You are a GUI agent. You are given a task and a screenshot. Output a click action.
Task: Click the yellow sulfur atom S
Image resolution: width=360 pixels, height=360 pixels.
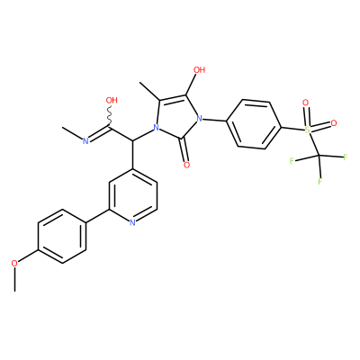click(308, 130)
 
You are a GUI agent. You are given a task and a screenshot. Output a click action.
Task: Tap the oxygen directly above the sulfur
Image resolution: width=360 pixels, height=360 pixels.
click(306, 103)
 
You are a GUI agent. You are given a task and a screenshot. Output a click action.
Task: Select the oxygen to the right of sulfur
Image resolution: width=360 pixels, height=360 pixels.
click(334, 123)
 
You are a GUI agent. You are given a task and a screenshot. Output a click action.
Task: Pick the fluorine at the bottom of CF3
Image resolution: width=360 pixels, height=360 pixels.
click(320, 181)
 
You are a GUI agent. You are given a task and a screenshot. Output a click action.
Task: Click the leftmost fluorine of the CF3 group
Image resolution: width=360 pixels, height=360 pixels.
click(292, 161)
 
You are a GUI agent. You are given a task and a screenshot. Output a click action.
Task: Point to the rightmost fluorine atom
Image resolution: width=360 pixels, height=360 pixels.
click(345, 157)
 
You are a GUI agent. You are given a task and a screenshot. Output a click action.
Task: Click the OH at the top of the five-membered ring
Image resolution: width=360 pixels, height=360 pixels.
click(200, 70)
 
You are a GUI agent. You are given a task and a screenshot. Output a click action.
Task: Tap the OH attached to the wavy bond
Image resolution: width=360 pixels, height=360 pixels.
click(112, 100)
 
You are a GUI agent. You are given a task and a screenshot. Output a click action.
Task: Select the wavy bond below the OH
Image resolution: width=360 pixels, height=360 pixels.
click(109, 115)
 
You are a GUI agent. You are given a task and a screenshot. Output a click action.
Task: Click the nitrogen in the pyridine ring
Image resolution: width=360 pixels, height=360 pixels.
click(132, 222)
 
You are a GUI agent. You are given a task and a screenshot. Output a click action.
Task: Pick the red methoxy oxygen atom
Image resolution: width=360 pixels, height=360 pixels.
click(14, 264)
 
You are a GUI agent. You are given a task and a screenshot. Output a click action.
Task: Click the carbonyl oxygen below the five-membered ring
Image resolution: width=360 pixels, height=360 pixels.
click(187, 165)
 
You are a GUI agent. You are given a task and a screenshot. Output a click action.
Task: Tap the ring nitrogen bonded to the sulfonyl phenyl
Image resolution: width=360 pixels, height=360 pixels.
click(199, 119)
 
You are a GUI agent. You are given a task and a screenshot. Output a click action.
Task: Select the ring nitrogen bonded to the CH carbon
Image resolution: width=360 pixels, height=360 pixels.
click(156, 129)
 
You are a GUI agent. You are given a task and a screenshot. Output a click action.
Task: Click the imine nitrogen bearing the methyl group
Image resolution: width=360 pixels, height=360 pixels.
click(85, 141)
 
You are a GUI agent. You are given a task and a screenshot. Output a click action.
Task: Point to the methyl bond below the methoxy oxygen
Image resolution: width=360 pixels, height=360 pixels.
click(14, 279)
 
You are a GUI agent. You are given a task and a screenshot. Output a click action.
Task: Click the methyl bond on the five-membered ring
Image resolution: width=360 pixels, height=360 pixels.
click(150, 92)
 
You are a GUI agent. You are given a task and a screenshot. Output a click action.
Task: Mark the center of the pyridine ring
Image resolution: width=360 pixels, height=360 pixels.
click(132, 194)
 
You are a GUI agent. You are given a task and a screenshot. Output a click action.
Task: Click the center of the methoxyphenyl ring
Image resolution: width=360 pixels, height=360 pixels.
click(62, 237)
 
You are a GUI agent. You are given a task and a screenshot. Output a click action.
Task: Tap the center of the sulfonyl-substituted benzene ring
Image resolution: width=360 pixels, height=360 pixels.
click(254, 124)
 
